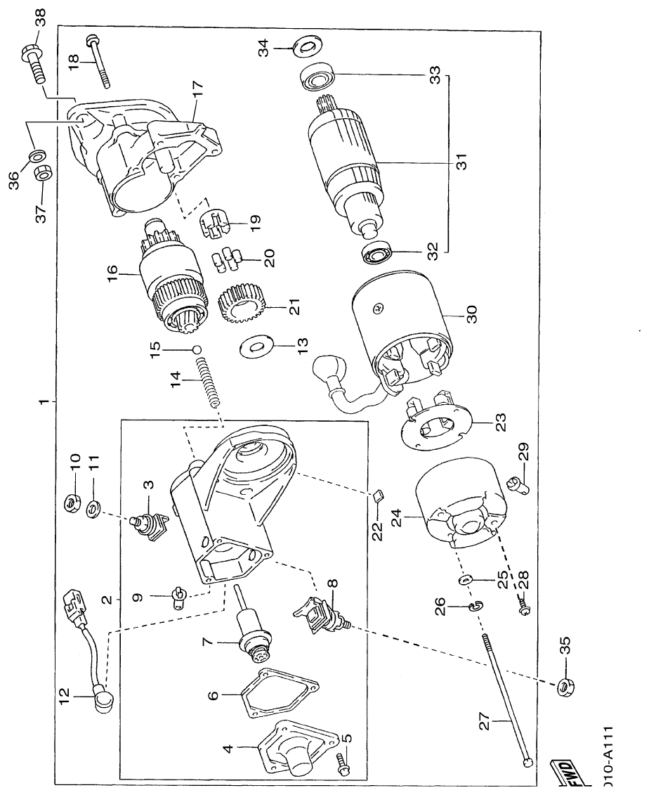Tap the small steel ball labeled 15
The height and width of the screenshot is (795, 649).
(197, 349)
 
